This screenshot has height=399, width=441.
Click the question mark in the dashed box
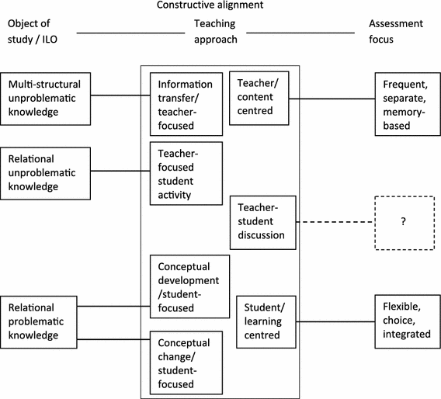coord(403,222)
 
